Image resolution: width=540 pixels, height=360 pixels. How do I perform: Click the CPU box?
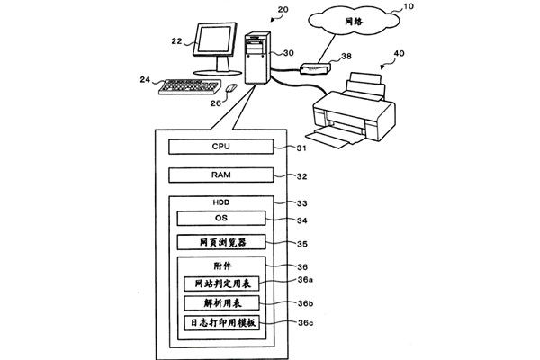[221, 147]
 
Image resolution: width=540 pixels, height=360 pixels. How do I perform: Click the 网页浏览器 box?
[221, 242]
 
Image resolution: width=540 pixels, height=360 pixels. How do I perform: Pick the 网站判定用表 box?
[221, 284]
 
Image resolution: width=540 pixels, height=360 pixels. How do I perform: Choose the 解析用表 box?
[221, 303]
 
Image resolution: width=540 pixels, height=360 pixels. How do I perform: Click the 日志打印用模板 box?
[221, 322]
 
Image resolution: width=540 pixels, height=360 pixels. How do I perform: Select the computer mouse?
[230, 89]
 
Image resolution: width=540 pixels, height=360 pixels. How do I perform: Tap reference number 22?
[176, 40]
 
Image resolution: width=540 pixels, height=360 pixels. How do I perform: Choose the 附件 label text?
[221, 267]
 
